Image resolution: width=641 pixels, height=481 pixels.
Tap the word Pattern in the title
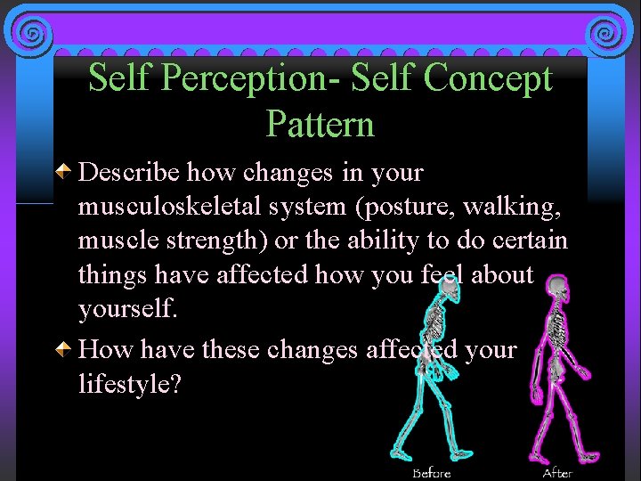coord(320,124)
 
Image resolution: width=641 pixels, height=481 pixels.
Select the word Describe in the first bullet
coord(130,172)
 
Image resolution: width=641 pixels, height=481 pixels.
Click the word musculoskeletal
coord(173,207)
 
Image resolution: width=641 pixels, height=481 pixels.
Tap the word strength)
coord(223,241)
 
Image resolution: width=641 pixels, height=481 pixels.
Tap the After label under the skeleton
coord(558,472)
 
